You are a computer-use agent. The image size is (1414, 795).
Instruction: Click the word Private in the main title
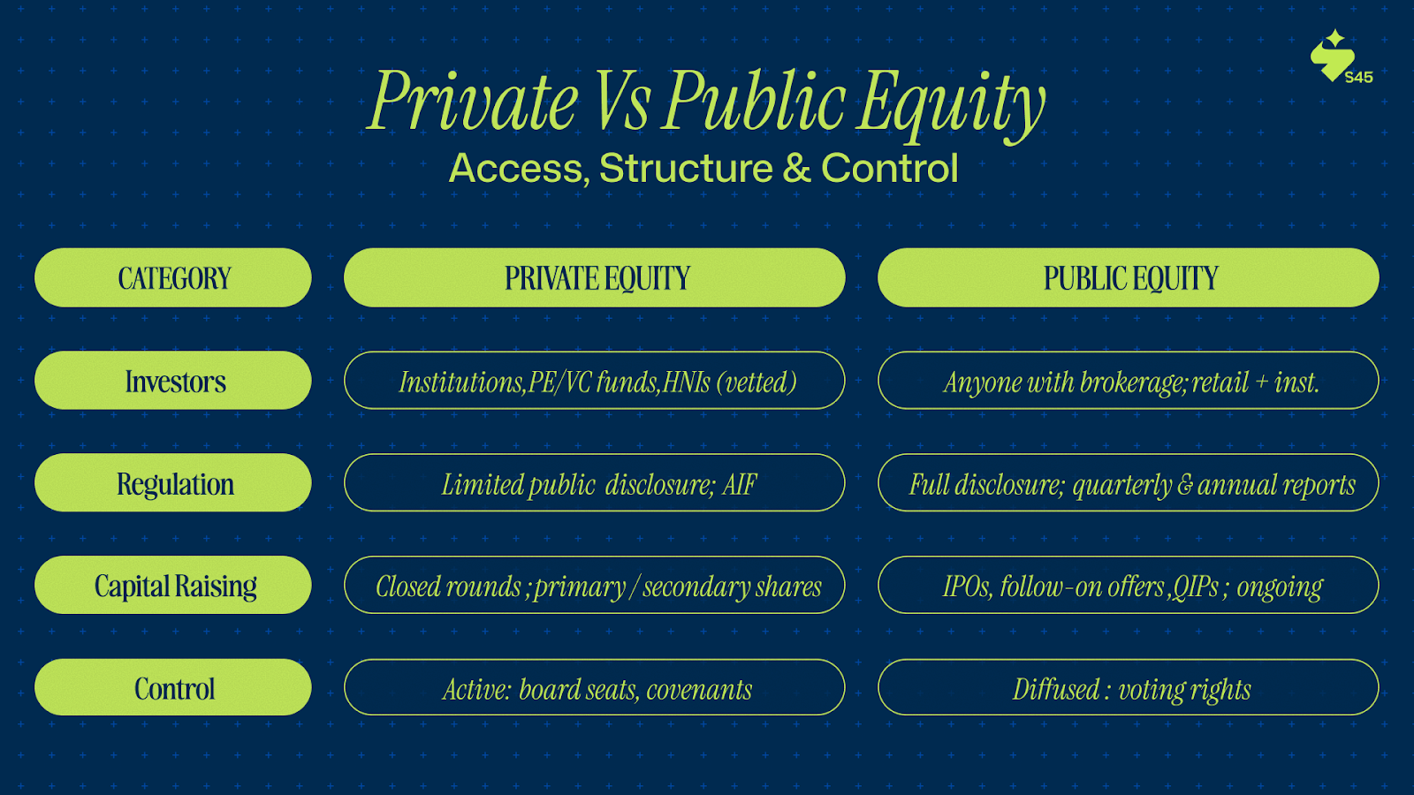pyautogui.click(x=472, y=101)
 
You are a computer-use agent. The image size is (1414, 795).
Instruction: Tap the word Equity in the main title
pyautogui.click(x=950, y=104)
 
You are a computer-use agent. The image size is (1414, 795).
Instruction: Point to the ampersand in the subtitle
pyautogui.click(x=796, y=169)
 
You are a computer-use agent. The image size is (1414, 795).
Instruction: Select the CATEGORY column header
pyautogui.click(x=173, y=277)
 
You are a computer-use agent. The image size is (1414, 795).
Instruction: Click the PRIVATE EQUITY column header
pyautogui.click(x=595, y=277)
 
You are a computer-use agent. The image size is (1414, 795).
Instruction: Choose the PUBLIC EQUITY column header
pyautogui.click(x=1128, y=277)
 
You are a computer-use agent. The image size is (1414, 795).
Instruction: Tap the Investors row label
pyautogui.click(x=173, y=381)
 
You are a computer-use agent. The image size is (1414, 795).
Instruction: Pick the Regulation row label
pyautogui.click(x=173, y=482)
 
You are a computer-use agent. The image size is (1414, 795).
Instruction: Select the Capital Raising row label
pyautogui.click(x=173, y=585)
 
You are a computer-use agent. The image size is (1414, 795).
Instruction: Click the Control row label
pyautogui.click(x=173, y=687)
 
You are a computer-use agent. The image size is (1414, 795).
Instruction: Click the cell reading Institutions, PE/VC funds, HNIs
pyautogui.click(x=595, y=381)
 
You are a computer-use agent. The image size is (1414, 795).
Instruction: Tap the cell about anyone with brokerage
pyautogui.click(x=1128, y=381)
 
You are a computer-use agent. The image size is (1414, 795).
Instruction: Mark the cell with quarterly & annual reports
pyautogui.click(x=1128, y=482)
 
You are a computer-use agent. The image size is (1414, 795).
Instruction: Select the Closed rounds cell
pyautogui.click(x=595, y=585)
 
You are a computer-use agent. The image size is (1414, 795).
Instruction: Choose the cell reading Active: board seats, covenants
pyautogui.click(x=595, y=687)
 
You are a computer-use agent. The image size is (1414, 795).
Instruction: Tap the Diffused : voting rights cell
pyautogui.click(x=1128, y=687)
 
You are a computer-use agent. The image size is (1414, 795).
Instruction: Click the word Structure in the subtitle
pyautogui.click(x=686, y=169)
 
